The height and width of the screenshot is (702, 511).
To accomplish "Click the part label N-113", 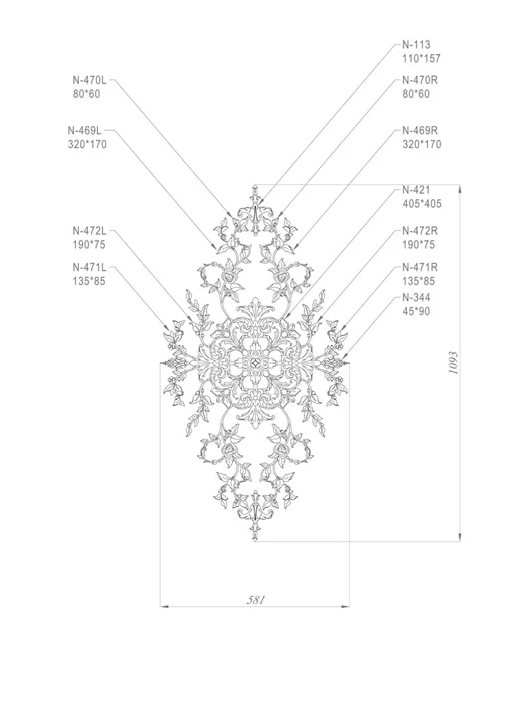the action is coord(416,45).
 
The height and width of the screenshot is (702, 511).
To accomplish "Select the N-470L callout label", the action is coord(90,80).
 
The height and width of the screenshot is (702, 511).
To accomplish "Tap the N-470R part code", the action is coord(420,80).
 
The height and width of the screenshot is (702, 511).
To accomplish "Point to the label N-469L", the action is coord(84,130).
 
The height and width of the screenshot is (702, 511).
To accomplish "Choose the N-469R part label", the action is coord(420,130).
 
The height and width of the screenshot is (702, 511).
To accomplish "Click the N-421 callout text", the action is coord(416,189).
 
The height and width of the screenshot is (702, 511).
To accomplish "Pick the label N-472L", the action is coord(90,230).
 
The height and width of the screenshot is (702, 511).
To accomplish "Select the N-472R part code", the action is coord(420,230).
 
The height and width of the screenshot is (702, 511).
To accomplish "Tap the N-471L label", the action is coord(90,267).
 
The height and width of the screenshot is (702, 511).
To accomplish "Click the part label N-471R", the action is coord(420,267).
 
